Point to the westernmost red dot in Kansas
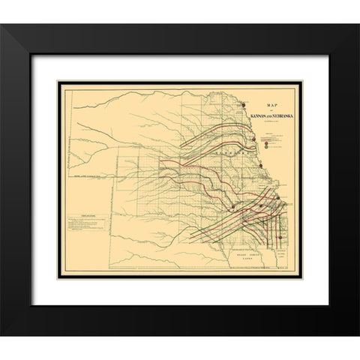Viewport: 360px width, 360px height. point(234,204)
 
